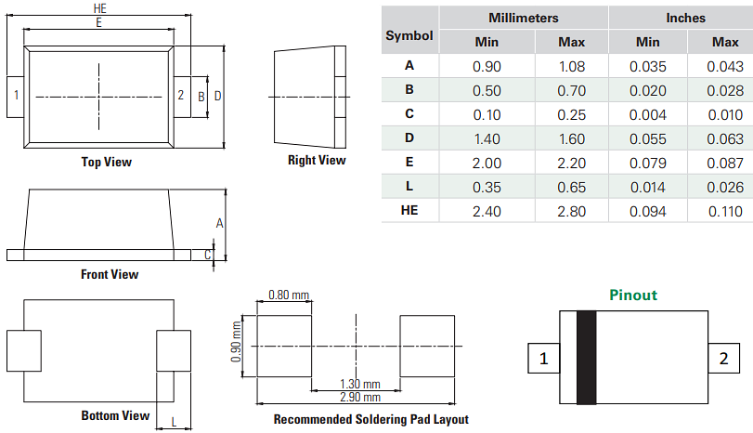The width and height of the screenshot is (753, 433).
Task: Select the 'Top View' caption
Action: (x=106, y=162)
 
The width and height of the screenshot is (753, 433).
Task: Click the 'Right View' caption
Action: (x=316, y=160)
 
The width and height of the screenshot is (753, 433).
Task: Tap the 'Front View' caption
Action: (x=110, y=274)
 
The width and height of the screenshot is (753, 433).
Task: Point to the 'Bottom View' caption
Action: (x=115, y=415)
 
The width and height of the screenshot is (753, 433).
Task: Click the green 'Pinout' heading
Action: (x=632, y=295)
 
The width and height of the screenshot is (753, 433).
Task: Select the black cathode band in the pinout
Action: (x=586, y=358)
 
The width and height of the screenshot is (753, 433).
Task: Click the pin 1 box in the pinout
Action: (x=544, y=358)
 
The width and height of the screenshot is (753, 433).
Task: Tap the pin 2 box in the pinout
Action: (x=721, y=358)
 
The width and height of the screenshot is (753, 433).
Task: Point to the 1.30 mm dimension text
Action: (x=358, y=384)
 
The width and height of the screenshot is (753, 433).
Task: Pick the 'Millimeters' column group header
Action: (x=524, y=18)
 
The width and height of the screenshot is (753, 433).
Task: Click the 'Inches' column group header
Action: (x=685, y=18)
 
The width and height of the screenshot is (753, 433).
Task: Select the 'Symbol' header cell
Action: (x=409, y=35)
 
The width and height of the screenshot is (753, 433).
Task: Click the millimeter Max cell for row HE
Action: (x=571, y=211)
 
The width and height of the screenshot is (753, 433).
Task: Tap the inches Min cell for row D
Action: (x=647, y=138)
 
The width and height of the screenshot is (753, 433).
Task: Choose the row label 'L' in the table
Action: (x=409, y=187)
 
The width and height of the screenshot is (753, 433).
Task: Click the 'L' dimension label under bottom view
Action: (x=174, y=423)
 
